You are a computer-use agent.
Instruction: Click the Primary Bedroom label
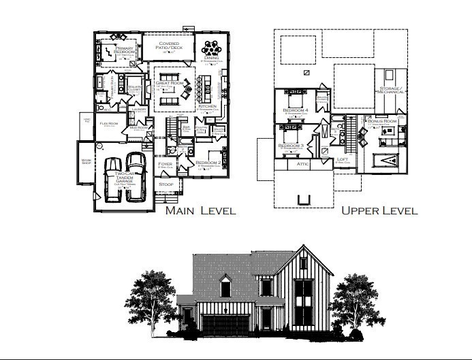click(x=124, y=50)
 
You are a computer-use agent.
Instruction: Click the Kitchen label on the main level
click(x=207, y=107)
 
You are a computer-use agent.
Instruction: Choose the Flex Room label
click(x=109, y=124)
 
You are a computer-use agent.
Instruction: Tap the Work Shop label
click(x=86, y=162)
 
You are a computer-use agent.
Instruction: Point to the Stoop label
click(x=166, y=184)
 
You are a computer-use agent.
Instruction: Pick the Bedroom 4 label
click(x=295, y=110)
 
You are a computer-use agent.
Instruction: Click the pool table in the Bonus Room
click(x=388, y=161)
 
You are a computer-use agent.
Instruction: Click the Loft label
click(x=343, y=159)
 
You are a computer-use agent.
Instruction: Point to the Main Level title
click(x=200, y=210)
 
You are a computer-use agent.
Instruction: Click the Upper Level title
click(x=379, y=210)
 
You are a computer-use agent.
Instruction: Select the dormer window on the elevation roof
click(x=225, y=287)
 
